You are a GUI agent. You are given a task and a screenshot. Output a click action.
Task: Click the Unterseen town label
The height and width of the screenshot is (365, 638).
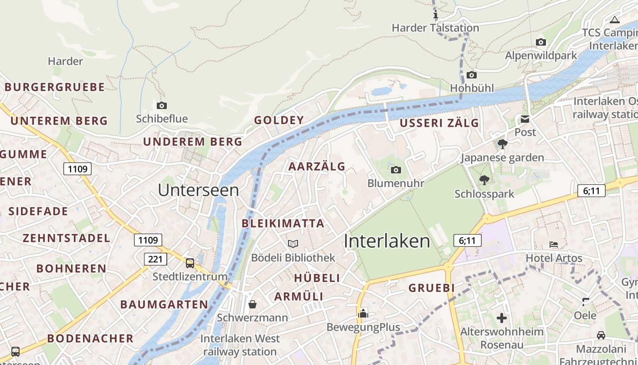[198, 190]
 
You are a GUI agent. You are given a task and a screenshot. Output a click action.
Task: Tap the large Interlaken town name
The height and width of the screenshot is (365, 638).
[387, 241]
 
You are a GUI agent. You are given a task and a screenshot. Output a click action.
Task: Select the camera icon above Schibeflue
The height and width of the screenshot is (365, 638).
[162, 106]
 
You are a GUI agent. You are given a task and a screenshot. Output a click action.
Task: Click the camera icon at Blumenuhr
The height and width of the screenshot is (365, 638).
[396, 170]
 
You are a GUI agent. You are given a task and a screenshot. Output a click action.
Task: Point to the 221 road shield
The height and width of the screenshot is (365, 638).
[155, 259]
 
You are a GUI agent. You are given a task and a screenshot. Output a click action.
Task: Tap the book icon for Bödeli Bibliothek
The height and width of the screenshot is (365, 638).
[293, 244]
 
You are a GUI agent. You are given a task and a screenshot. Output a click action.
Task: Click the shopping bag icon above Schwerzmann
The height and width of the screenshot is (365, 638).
[252, 304]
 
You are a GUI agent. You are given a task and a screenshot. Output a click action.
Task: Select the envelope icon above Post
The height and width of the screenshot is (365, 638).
[525, 120]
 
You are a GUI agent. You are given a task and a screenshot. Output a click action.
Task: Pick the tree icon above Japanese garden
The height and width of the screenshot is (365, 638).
[503, 145]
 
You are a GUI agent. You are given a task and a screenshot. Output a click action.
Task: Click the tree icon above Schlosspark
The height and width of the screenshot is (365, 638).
[484, 180]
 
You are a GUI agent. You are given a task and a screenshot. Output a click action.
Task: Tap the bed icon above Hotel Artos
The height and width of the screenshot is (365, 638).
[554, 245]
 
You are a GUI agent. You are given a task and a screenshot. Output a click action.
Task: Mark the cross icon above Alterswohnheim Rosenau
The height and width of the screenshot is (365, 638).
[502, 318]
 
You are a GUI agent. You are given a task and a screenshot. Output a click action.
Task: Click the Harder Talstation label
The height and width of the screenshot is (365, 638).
[435, 28]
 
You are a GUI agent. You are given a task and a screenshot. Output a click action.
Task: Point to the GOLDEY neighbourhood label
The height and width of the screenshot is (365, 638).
[279, 120]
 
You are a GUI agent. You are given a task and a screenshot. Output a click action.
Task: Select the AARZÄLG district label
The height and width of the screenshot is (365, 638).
[317, 167]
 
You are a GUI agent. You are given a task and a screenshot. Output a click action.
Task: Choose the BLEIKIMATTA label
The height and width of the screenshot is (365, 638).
[283, 224]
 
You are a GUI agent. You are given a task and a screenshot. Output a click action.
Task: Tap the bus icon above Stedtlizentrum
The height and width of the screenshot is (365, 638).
[190, 263]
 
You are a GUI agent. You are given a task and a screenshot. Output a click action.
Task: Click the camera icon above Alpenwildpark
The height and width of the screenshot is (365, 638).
[541, 42]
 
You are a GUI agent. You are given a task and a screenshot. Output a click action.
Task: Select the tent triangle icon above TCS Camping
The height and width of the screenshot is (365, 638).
[615, 20]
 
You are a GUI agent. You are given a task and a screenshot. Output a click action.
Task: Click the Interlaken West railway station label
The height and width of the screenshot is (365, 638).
[240, 345]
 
